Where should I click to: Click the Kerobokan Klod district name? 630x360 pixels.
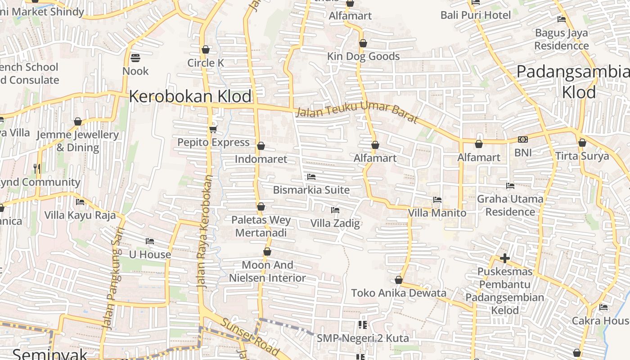tap(190, 96)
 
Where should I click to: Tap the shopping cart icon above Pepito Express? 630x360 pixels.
tap(213, 130)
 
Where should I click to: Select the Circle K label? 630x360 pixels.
tap(206, 63)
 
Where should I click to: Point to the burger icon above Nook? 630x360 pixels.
tap(135, 58)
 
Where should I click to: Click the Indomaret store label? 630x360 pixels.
tap(261, 159)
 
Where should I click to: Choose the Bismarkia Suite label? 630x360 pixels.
tap(311, 190)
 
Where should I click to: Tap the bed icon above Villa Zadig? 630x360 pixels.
tap(335, 210)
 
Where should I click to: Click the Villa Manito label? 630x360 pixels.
tap(437, 212)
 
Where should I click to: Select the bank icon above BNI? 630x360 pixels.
tap(523, 139)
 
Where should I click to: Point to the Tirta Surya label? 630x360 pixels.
tap(582, 156)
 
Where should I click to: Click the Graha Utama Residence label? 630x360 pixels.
tap(510, 205)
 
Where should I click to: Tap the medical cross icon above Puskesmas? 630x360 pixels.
tap(505, 258)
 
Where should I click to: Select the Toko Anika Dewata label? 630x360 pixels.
tap(399, 293)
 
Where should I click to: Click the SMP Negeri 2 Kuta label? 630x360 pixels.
tap(363, 338)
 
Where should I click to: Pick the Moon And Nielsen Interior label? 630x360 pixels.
tap(267, 271)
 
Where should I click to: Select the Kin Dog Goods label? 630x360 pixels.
tap(363, 56)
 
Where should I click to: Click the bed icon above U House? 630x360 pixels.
tap(150, 241)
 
